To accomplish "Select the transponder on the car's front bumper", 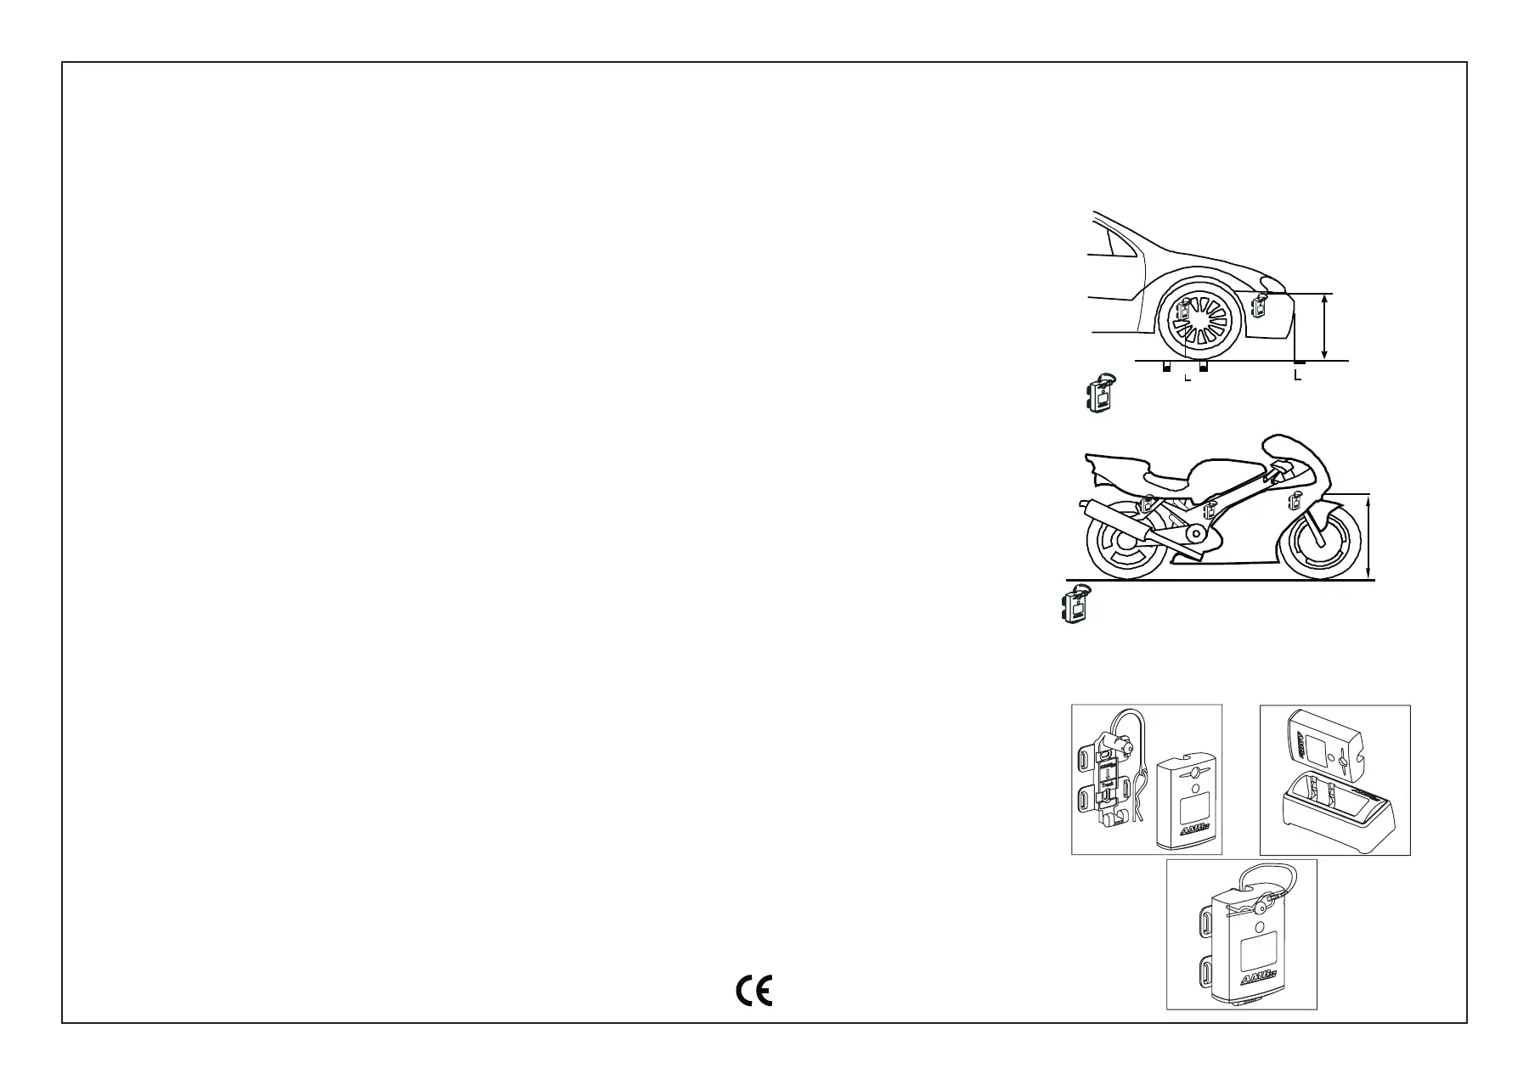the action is tap(1259, 303).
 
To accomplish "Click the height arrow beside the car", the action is tap(1325, 327).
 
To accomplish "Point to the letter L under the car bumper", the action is tap(1297, 374).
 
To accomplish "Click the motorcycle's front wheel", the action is tap(1315, 544).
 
